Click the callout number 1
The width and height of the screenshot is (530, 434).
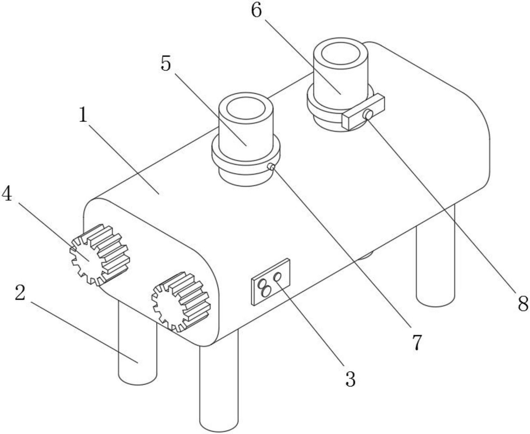pyautogui.click(x=83, y=115)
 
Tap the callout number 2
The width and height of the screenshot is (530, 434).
pyautogui.click(x=20, y=293)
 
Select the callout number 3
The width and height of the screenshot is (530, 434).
pyautogui.click(x=350, y=379)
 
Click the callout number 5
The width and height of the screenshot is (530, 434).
pyautogui.click(x=166, y=63)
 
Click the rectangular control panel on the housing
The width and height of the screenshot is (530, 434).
pyautogui.click(x=271, y=282)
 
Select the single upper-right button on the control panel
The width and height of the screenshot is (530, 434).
pyautogui.click(x=277, y=277)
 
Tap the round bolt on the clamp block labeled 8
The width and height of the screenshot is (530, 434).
pyautogui.click(x=368, y=114)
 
